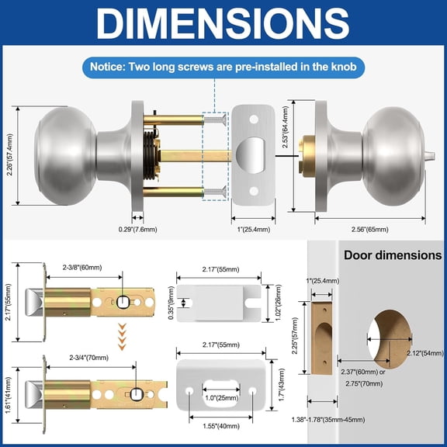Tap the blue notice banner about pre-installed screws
(x=223, y=68)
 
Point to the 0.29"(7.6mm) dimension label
(x=137, y=229)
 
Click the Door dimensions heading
(x=393, y=255)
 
